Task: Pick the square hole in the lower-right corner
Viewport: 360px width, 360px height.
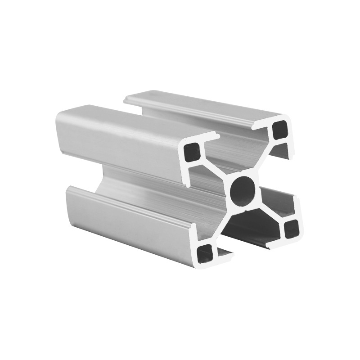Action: pos(291,229)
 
